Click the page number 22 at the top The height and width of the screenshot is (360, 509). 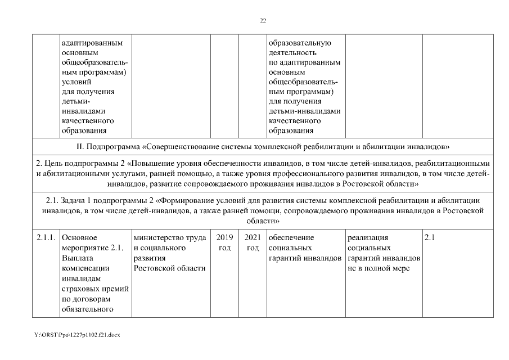263,20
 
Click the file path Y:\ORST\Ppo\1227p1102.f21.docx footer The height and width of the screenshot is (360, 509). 77,335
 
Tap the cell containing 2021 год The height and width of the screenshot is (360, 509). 253,242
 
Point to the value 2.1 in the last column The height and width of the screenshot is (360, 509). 430,237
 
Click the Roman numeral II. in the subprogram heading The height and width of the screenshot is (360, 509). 79,147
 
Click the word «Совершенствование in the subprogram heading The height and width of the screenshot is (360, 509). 177,147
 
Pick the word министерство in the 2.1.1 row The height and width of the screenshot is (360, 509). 155,237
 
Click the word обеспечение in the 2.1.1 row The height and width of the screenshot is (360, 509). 291,237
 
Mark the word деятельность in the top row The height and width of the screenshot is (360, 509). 292,52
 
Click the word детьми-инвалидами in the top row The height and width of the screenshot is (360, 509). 304,111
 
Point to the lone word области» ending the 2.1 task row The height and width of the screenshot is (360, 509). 263,221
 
